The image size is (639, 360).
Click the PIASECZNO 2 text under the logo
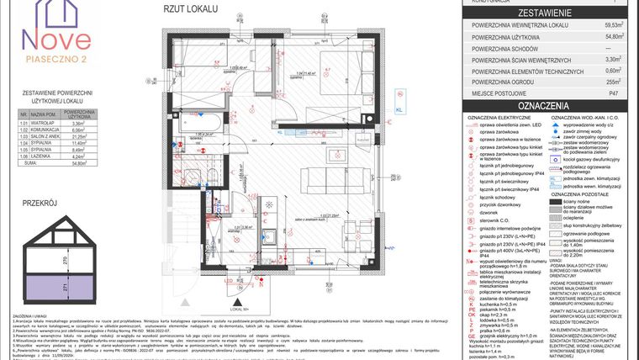click(56, 61)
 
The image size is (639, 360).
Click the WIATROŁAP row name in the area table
click(44, 123)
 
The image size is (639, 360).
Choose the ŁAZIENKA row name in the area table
click(44, 156)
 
